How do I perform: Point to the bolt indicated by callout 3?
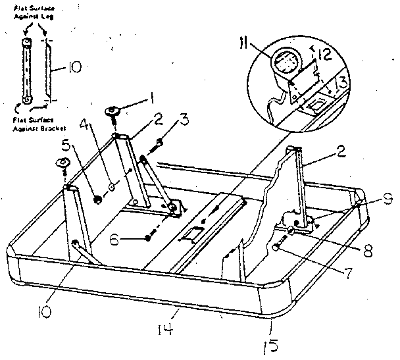(159, 141)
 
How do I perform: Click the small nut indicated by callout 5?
(97, 199)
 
